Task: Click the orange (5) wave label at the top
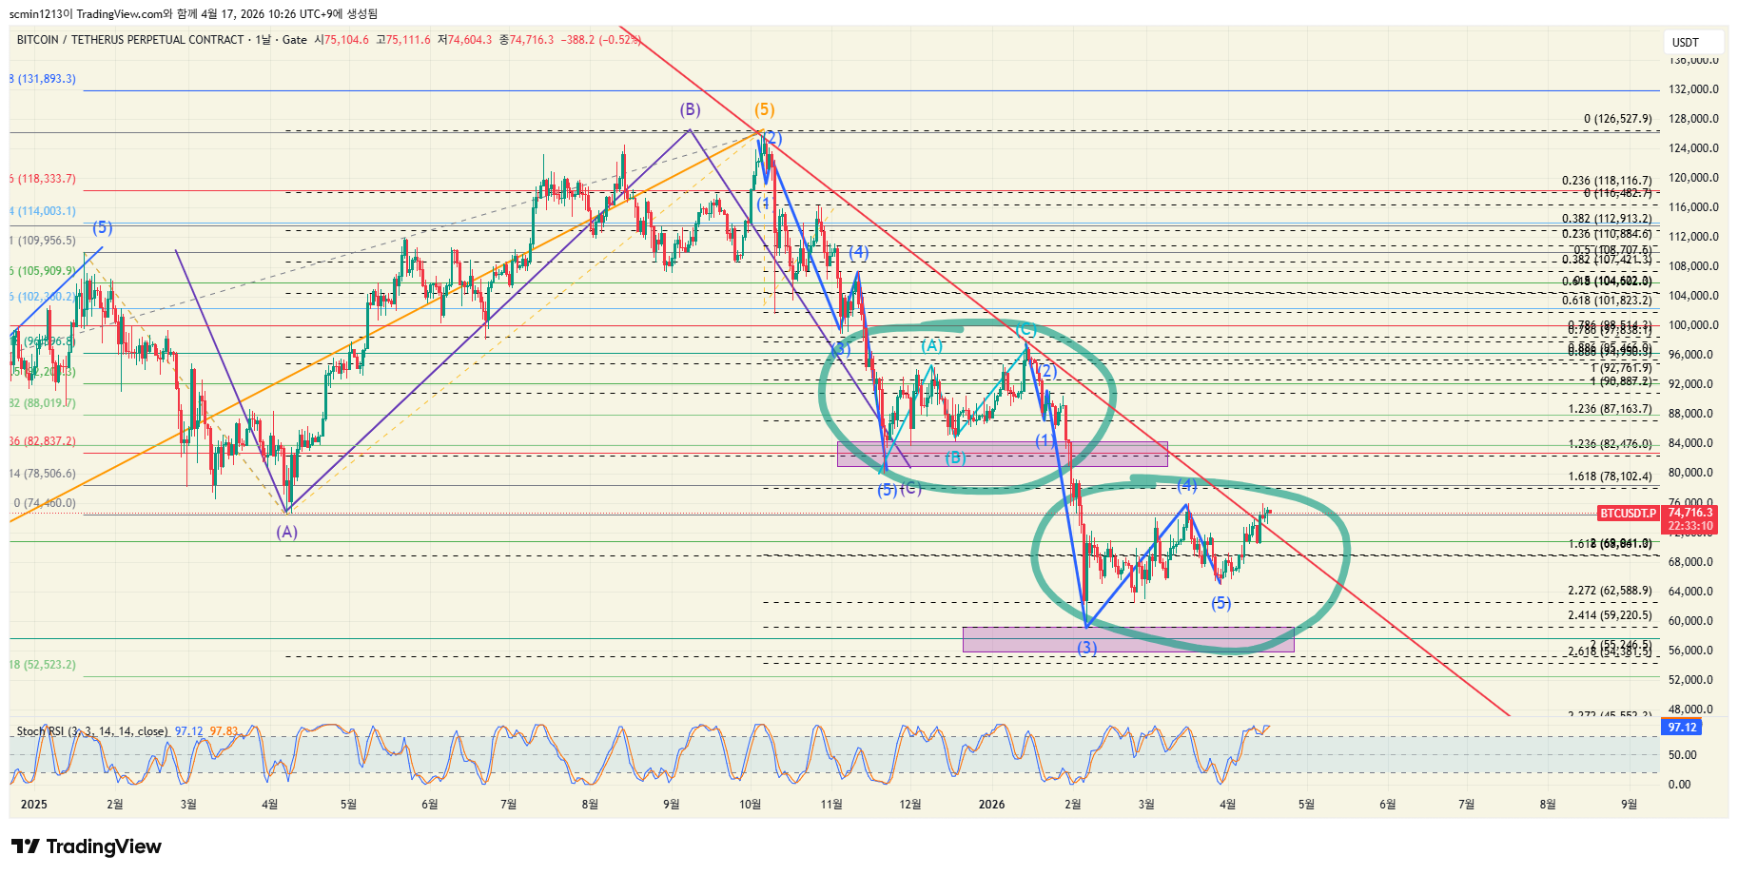[x=765, y=109]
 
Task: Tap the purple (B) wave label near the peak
[x=690, y=109]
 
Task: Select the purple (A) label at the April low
[x=287, y=532]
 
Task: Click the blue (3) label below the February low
[x=1086, y=648]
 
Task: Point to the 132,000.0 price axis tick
[x=1693, y=89]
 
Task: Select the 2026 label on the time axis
[x=991, y=805]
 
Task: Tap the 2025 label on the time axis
[x=33, y=805]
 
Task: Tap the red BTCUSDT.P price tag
[x=1628, y=514]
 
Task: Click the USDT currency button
[x=1686, y=42]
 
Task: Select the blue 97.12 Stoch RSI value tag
[x=1682, y=728]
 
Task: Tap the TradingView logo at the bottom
[x=87, y=846]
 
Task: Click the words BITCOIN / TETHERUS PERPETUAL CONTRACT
[x=130, y=40]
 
